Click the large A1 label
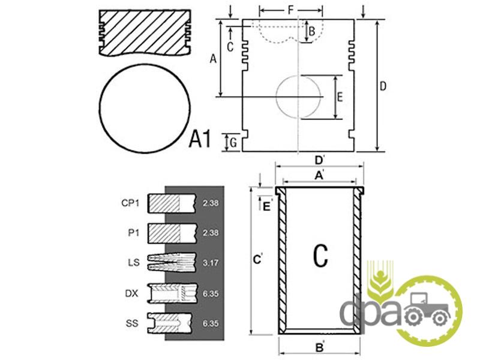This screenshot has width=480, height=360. (200, 139)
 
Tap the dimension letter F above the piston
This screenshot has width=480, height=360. (290, 10)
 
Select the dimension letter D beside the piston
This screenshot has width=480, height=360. (383, 86)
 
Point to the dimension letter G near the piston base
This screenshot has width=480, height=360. (233, 143)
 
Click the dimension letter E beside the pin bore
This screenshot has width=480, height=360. (340, 97)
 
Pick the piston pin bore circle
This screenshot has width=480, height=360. (276, 97)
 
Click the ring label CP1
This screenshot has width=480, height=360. (130, 203)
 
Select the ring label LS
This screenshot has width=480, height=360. (134, 262)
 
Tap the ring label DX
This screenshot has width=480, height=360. (131, 293)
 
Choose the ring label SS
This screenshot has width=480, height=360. (132, 323)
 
